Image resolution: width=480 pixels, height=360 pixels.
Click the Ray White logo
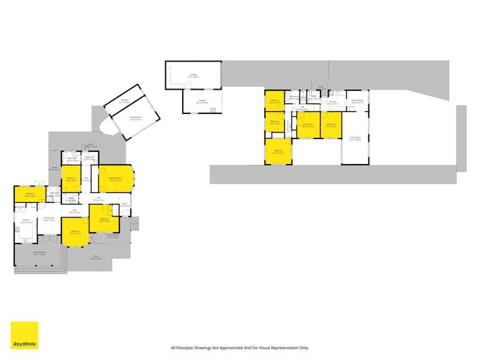point(24,335)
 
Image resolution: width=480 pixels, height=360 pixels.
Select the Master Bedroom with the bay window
point(116,179)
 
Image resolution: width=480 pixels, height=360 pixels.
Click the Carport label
point(201,101)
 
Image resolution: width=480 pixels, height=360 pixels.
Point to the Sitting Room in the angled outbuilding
point(135,118)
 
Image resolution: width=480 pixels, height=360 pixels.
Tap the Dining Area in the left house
point(48,219)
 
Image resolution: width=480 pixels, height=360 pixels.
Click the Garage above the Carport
point(193,76)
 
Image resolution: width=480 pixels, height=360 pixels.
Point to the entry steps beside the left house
point(134,225)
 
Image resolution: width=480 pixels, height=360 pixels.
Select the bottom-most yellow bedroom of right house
point(279,152)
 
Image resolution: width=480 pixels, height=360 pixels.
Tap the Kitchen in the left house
point(26,222)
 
